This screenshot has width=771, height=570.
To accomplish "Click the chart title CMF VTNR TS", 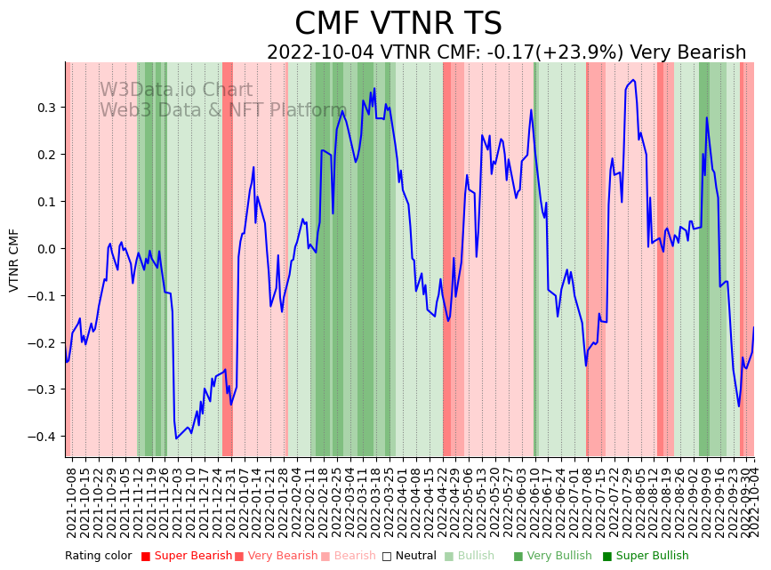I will point(398,24).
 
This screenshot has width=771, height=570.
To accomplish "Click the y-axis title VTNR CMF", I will point(14,260).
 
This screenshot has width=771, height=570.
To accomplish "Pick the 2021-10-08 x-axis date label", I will point(72,502).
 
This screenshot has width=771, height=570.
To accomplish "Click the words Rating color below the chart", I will point(98,557).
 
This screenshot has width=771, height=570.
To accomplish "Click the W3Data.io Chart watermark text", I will point(176,90).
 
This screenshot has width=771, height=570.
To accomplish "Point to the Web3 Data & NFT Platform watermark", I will point(222,110).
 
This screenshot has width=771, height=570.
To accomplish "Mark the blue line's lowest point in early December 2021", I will point(176,438).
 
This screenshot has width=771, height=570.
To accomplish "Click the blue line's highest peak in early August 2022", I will point(633,80).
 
